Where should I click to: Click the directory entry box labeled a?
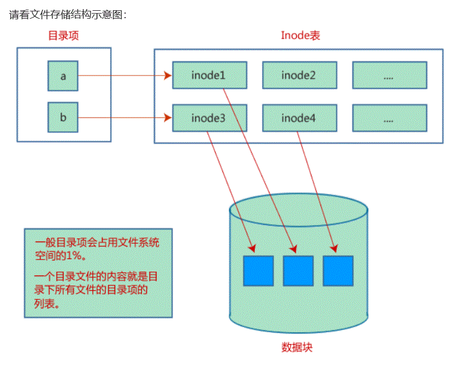click(63, 76)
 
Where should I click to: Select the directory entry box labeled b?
click(63, 118)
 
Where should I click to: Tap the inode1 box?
click(209, 75)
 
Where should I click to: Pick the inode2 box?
click(299, 75)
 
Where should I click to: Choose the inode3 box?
click(209, 118)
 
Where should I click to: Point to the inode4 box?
click(299, 118)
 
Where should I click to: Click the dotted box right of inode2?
click(389, 75)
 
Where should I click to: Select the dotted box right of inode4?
click(389, 118)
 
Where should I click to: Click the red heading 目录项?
click(63, 35)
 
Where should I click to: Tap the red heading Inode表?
click(301, 35)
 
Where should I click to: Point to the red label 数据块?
click(297, 348)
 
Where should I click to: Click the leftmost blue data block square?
click(258, 270)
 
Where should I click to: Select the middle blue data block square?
click(298, 270)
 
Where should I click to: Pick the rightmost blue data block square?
click(338, 270)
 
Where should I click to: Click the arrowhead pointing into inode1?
click(168, 75)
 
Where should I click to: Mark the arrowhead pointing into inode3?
click(168, 118)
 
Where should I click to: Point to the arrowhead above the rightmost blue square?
click(334, 248)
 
